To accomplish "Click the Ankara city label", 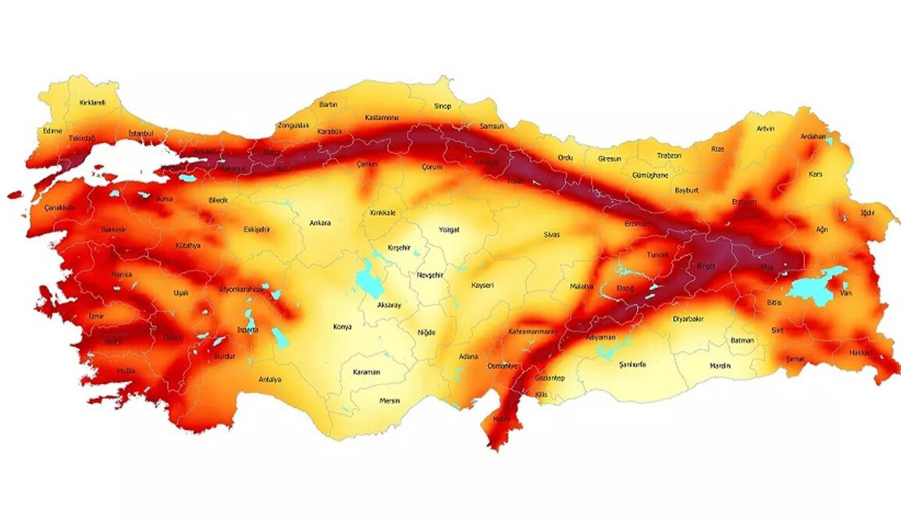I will pyautogui.click(x=320, y=223).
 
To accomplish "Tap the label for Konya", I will pyautogui.click(x=342, y=327).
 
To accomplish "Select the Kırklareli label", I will pyautogui.click(x=92, y=102).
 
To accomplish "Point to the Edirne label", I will pyautogui.click(x=52, y=131).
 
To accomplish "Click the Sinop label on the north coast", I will pyautogui.click(x=443, y=106).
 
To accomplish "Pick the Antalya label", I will pyautogui.click(x=269, y=380).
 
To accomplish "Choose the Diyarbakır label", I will pyautogui.click(x=688, y=319).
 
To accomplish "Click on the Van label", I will pyautogui.click(x=845, y=293).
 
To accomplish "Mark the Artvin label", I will pyautogui.click(x=766, y=129).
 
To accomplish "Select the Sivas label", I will pyautogui.click(x=553, y=235).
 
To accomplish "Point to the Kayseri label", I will pyautogui.click(x=482, y=286).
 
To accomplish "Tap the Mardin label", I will pyautogui.click(x=720, y=366).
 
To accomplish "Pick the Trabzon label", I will pyautogui.click(x=668, y=155).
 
